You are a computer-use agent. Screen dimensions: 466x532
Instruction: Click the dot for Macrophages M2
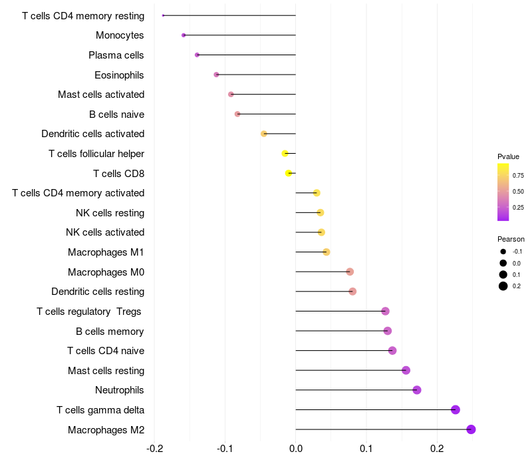click(471, 429)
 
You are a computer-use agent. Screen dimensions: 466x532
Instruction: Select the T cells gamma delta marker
click(456, 409)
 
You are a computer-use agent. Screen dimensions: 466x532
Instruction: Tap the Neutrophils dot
click(417, 390)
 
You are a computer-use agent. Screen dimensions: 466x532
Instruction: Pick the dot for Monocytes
click(184, 35)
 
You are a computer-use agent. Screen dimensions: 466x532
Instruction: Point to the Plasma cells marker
click(197, 55)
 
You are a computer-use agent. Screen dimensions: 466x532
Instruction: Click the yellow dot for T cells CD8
click(289, 173)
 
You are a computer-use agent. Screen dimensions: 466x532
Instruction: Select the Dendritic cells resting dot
click(352, 292)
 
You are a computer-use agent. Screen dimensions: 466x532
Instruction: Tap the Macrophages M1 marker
click(327, 252)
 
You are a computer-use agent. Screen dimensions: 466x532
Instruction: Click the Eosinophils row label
click(119, 75)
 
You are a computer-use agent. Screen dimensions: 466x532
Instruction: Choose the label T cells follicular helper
click(96, 154)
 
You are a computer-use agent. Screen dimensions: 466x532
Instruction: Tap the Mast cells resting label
click(106, 370)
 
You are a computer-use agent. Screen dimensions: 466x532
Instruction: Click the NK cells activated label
click(105, 232)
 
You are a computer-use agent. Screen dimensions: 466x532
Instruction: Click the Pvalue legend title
click(508, 156)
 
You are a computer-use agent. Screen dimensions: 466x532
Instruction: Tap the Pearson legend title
click(511, 239)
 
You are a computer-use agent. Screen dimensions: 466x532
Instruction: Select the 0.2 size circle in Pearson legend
click(503, 286)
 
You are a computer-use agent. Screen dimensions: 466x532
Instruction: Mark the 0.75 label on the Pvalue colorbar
click(518, 176)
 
